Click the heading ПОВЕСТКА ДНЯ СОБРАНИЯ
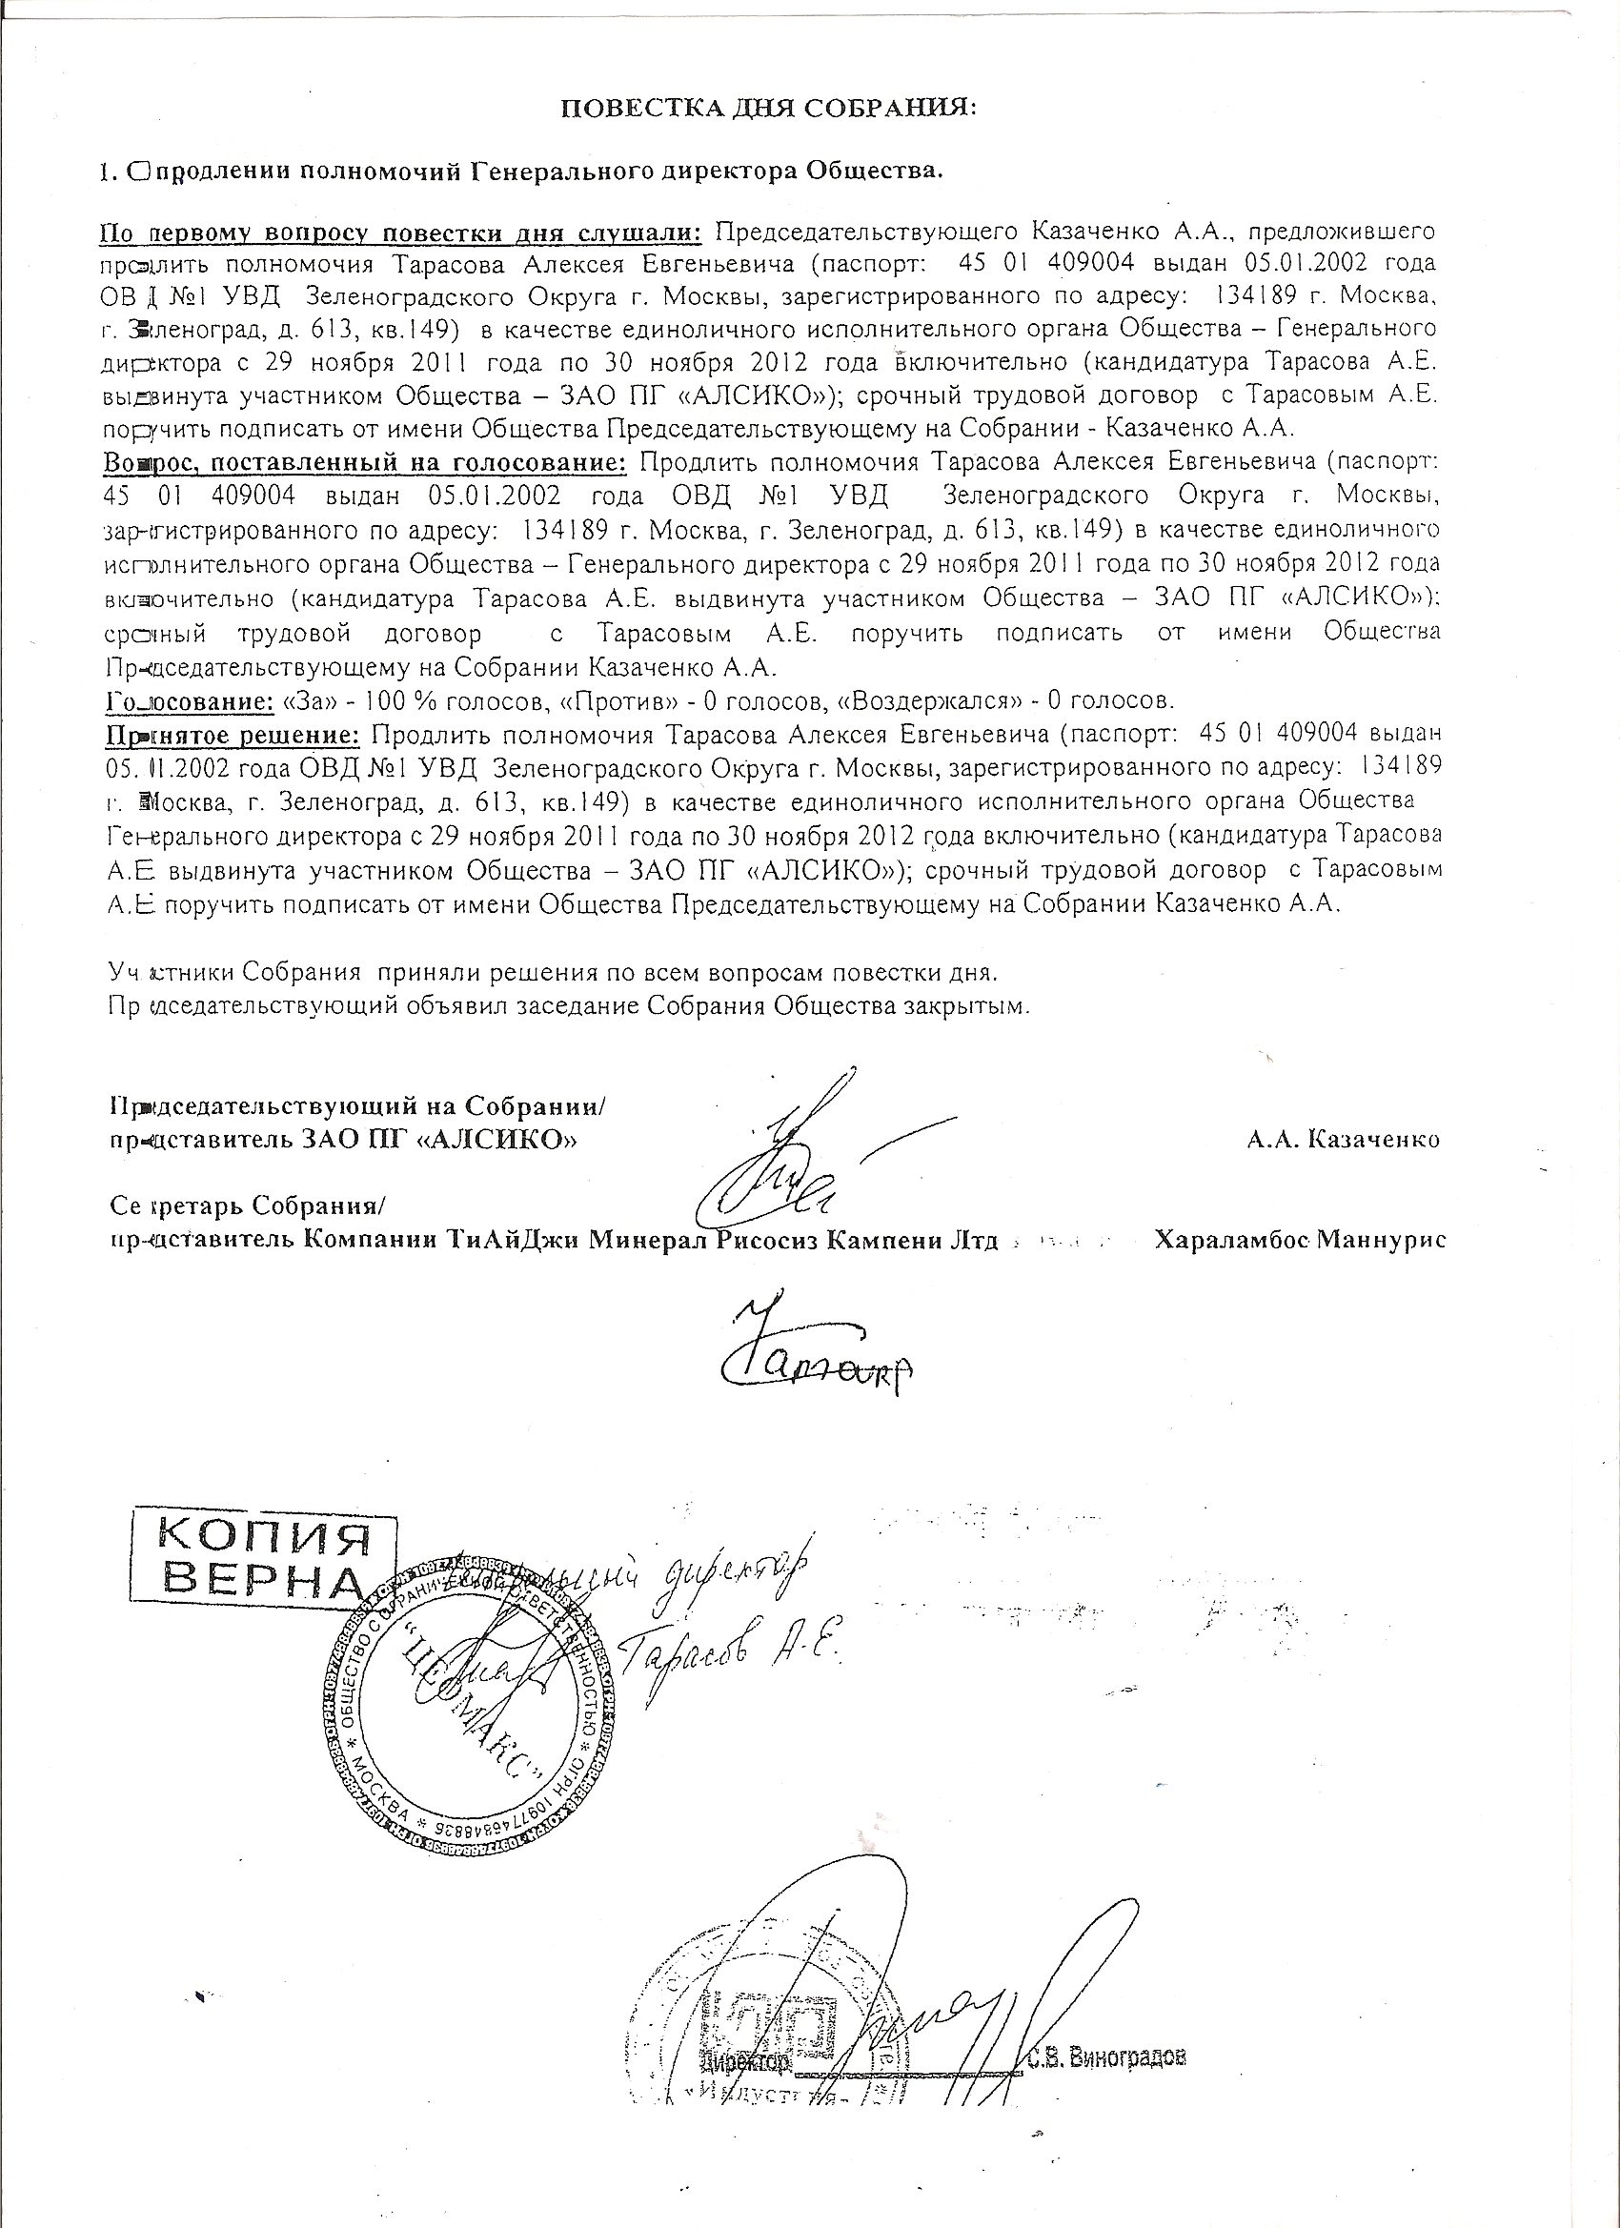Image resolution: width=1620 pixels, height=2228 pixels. click(768, 108)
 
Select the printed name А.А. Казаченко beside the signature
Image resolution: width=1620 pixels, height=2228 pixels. click(1343, 1140)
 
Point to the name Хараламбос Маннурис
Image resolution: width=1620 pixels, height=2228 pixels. click(1300, 1240)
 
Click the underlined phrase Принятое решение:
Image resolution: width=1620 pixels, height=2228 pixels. click(233, 735)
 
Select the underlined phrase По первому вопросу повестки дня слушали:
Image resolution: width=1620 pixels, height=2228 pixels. click(403, 232)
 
